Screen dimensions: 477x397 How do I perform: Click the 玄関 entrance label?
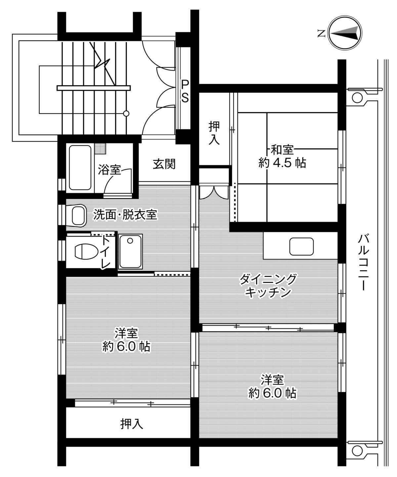click(164, 164)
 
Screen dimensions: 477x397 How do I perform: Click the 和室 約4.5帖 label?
click(282, 156)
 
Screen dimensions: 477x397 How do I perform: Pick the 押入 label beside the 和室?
click(214, 133)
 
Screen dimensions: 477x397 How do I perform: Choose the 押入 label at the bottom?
click(132, 423)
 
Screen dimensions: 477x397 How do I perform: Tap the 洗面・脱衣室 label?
click(125, 215)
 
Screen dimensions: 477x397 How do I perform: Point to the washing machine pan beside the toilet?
click(131, 251)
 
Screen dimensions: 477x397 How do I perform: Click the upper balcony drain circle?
click(357, 97)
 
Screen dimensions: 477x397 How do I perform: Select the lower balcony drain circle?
click(357, 450)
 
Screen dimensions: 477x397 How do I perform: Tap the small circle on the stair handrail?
click(126, 114)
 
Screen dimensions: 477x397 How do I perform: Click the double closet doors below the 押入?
click(213, 192)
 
